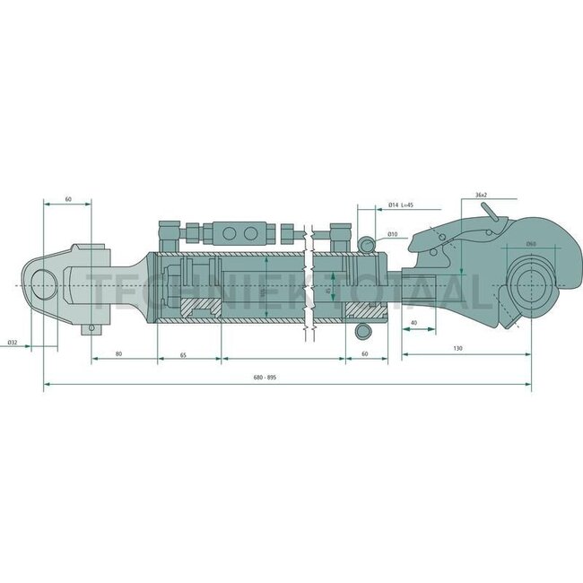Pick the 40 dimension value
413,321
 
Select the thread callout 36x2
481,195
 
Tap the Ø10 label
393,234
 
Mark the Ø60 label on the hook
530,244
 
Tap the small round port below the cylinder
362,332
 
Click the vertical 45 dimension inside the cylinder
330,289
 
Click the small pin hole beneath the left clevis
90,329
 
